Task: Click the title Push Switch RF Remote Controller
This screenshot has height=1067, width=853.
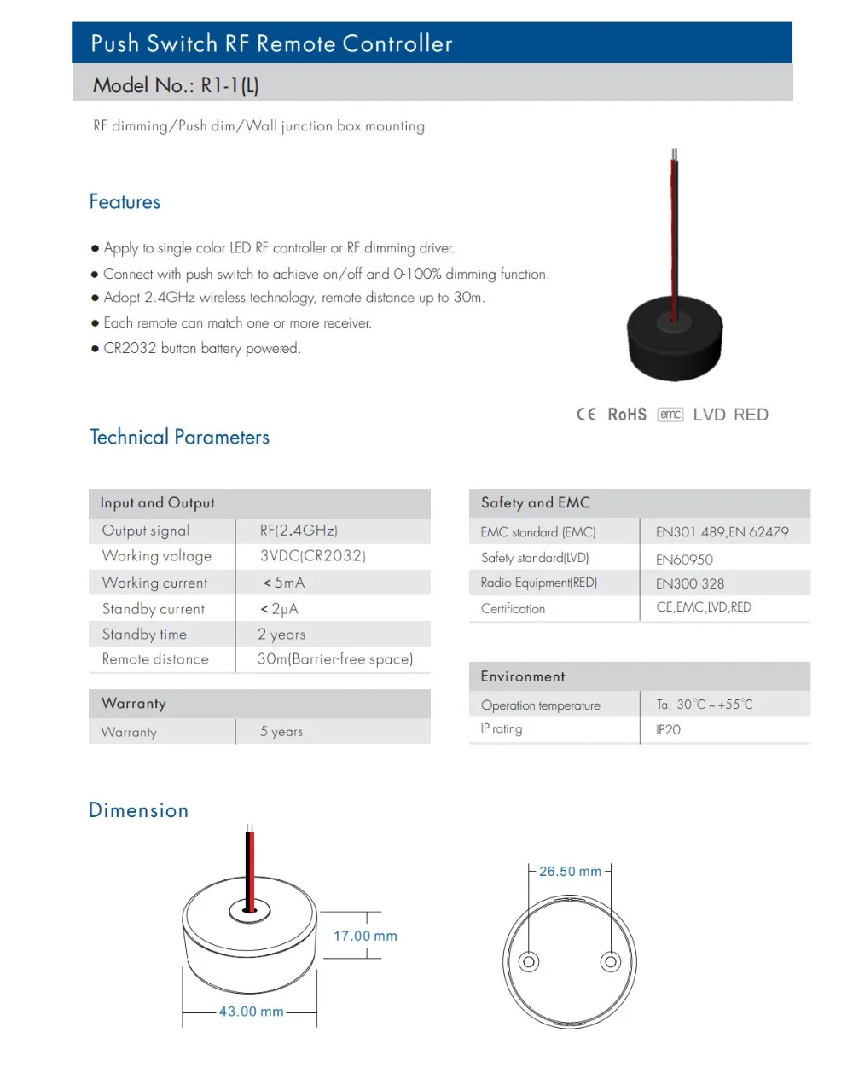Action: (271, 43)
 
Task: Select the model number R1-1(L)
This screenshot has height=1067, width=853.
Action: (229, 85)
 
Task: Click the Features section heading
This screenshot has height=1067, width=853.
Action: (125, 202)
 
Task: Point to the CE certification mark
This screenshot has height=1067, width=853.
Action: (586, 415)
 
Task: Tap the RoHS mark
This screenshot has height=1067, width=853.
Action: (627, 415)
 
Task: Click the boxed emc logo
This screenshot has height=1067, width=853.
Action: (670, 415)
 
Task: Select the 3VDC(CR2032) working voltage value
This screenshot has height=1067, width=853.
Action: (313, 556)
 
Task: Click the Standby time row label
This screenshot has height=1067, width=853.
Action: (144, 635)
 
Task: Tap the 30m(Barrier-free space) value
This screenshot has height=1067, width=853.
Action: (335, 659)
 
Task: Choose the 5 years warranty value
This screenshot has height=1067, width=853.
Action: (281, 732)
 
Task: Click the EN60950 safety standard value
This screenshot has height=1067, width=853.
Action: (684, 560)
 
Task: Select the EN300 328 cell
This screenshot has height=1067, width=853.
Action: (690, 584)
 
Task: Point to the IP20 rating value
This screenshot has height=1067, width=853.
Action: (668, 730)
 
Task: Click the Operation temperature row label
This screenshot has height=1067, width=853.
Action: (541, 705)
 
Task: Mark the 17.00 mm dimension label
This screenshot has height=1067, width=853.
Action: (365, 936)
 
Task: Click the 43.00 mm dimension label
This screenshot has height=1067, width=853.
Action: (251, 1012)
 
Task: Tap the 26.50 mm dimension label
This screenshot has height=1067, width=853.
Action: (570, 872)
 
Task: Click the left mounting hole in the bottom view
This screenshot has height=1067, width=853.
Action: (529, 962)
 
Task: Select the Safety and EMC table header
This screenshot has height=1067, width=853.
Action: (535, 503)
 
